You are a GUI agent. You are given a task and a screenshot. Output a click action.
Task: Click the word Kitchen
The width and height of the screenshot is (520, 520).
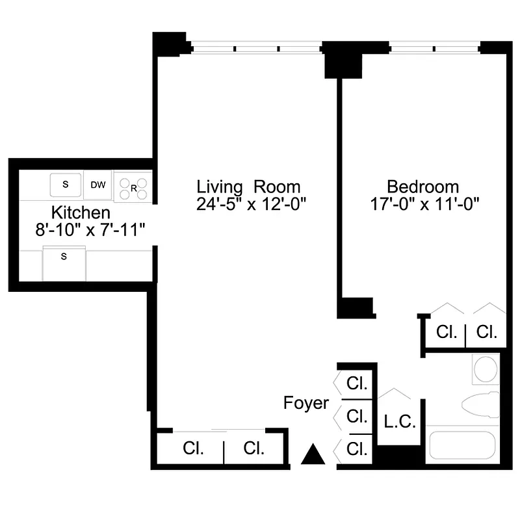pyautogui.click(x=81, y=213)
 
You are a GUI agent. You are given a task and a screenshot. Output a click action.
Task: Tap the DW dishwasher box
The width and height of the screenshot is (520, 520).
pyautogui.click(x=98, y=185)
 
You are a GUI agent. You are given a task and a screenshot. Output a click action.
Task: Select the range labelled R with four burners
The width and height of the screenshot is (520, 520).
pyautogui.click(x=133, y=187)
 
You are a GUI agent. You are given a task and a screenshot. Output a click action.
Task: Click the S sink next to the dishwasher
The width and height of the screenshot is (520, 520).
pyautogui.click(x=66, y=184)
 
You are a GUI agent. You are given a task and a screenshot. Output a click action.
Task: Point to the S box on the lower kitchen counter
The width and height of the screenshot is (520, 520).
pyautogui.click(x=64, y=256)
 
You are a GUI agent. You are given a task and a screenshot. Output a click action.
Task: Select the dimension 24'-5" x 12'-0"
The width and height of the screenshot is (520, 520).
pyautogui.click(x=251, y=204)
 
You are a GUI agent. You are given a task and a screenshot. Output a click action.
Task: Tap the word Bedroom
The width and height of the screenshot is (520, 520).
pyautogui.click(x=422, y=187)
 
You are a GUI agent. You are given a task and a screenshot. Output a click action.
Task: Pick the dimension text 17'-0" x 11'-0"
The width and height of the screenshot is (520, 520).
pyautogui.click(x=424, y=204)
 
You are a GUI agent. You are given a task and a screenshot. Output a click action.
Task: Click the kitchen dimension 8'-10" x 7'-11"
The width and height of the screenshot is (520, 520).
pyautogui.click(x=90, y=229)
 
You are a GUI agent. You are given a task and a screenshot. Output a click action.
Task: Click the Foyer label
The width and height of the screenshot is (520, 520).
pyautogui.click(x=306, y=403)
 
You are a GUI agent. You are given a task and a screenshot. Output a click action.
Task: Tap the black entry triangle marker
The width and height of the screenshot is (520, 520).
pyautogui.click(x=313, y=454)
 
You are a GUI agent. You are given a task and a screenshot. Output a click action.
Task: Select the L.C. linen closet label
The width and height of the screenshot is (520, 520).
pyautogui.click(x=400, y=422)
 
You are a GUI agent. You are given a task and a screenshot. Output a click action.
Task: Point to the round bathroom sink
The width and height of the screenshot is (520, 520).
pyautogui.click(x=486, y=369)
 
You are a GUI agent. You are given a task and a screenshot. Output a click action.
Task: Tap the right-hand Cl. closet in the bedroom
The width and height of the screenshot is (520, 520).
pyautogui.click(x=486, y=332)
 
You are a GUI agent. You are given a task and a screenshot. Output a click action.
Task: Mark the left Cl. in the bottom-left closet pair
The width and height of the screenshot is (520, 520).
pyautogui.click(x=193, y=448)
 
